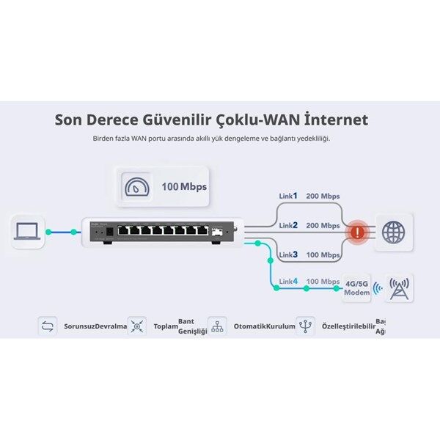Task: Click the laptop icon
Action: pos(29,231)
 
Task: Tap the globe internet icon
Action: pos(393,232)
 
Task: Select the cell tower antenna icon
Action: pos(398,288)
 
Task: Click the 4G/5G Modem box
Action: pos(356,287)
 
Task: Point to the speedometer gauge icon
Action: pos(134,186)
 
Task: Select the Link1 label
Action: pos(288,197)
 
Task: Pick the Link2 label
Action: pos(288,225)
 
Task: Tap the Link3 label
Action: pos(288,254)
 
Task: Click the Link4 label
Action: pos(288,282)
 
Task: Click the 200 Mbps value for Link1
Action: pos(323,197)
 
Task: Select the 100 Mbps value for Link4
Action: pos(323,282)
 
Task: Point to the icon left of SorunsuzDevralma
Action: pos(48,326)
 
